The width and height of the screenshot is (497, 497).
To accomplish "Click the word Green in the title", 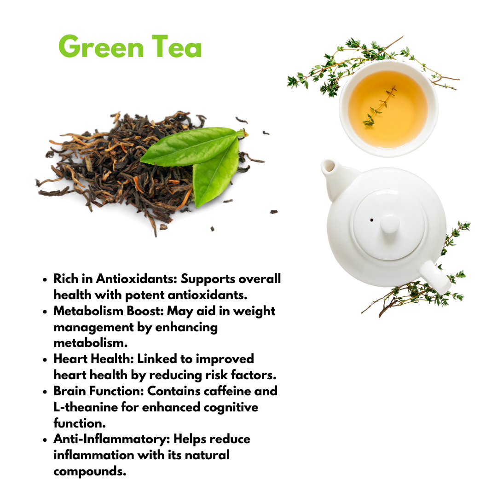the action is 101,47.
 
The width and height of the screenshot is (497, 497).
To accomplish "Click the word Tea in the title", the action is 177,47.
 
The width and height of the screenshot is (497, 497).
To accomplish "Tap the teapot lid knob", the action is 390,224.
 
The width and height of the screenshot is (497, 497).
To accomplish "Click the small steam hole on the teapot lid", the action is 371,220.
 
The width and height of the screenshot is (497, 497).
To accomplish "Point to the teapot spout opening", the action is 329,165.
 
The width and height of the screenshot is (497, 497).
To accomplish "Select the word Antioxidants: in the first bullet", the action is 136,278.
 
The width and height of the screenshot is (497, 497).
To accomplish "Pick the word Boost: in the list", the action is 145,311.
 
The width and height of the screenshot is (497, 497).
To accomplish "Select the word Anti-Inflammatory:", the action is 111,439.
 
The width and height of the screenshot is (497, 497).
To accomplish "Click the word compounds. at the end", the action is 90,472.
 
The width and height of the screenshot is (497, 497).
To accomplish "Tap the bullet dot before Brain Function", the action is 45,392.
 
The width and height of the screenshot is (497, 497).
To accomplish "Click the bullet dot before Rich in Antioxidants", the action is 45,280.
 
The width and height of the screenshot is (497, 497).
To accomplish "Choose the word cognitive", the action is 231,408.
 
